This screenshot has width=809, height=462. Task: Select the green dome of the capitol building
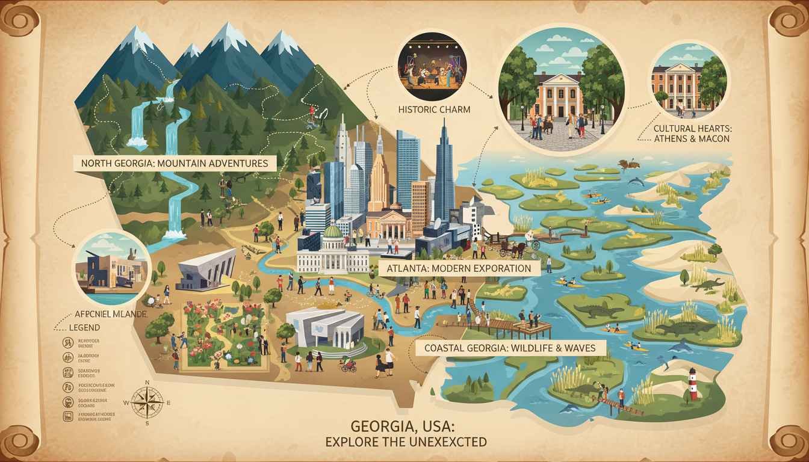pos(332,232)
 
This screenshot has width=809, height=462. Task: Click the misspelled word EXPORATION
pos(498,268)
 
